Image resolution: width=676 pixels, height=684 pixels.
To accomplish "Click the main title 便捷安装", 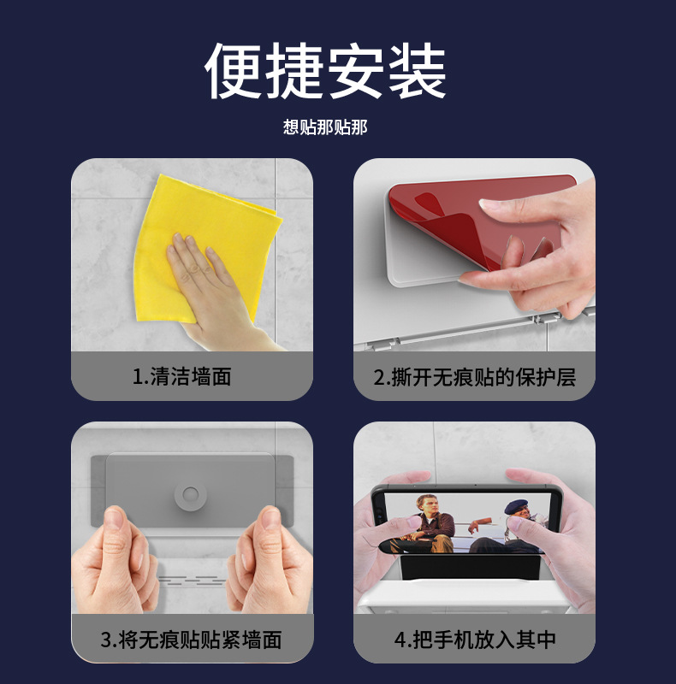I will (325, 72).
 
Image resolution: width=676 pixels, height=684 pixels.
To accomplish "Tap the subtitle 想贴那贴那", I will (325, 127).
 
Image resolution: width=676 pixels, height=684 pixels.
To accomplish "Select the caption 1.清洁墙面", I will (182, 376).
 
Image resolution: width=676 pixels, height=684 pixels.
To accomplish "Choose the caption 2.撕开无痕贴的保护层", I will (474, 376).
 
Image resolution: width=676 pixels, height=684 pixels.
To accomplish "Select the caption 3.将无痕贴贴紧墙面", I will (191, 639).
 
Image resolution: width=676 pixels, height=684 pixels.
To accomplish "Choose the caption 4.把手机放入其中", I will (474, 639).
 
